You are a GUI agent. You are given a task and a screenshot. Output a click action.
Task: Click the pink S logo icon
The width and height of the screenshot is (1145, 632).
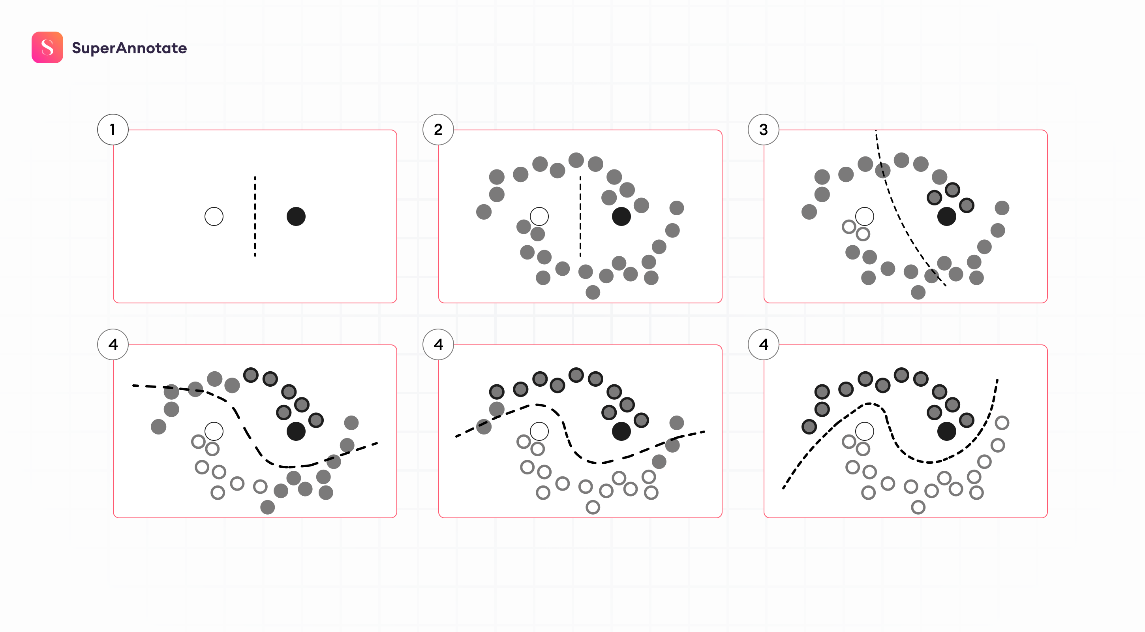(x=47, y=47)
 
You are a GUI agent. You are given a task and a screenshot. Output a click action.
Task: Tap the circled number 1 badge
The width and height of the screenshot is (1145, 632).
(x=113, y=130)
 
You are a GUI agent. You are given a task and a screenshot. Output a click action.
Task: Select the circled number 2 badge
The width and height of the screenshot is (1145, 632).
(x=438, y=130)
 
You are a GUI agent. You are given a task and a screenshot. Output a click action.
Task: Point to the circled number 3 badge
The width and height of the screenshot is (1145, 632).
(x=763, y=130)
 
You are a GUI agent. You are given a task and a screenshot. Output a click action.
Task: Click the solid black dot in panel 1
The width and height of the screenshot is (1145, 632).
(x=296, y=216)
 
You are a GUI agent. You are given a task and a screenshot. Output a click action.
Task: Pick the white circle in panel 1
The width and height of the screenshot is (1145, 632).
(x=214, y=216)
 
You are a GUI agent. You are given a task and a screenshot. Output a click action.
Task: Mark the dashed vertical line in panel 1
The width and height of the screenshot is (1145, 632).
(x=255, y=216)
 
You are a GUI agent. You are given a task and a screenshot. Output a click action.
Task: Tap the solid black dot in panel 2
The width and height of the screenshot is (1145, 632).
(x=621, y=216)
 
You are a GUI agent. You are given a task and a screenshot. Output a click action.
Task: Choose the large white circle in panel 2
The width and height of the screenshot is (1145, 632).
(x=539, y=216)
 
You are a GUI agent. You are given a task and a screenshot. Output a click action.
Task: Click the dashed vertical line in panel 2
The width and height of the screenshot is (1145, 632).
(x=580, y=216)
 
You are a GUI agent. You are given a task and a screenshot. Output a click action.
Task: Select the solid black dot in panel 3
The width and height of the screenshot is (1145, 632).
(x=946, y=216)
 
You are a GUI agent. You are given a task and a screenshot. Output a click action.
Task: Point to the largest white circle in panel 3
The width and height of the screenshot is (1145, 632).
(x=865, y=216)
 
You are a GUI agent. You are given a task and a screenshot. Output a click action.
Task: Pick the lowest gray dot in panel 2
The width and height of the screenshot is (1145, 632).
(x=593, y=293)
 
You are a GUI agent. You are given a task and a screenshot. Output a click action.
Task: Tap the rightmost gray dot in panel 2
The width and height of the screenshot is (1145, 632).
(x=676, y=208)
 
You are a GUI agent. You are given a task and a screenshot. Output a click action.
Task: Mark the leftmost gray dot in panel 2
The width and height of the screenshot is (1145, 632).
(x=484, y=212)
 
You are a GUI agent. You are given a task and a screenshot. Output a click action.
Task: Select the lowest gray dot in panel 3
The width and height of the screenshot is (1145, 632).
(x=918, y=293)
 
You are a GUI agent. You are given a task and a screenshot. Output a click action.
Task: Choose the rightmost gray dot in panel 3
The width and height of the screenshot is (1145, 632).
(x=1002, y=208)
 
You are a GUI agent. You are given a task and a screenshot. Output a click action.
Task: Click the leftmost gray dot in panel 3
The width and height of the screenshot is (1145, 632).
(x=809, y=212)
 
